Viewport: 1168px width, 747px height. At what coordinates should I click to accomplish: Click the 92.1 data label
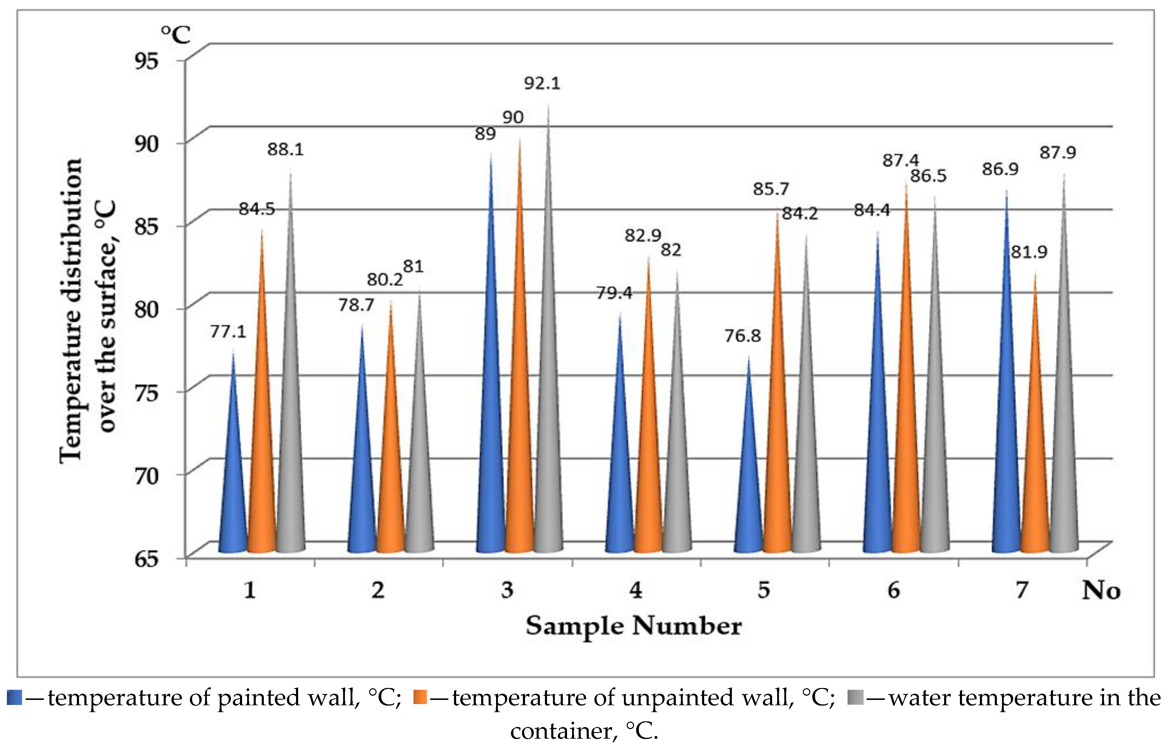pyautogui.click(x=542, y=83)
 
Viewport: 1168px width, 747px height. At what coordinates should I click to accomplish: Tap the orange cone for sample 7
pyautogui.click(x=1035, y=461)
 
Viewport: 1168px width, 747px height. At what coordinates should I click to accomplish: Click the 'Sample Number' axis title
pyautogui.click(x=633, y=626)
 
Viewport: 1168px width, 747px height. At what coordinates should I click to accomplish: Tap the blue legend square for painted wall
pyautogui.click(x=15, y=698)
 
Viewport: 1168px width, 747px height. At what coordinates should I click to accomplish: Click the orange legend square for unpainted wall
pyautogui.click(x=420, y=698)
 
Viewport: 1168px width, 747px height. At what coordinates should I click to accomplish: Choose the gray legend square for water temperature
pyautogui.click(x=855, y=698)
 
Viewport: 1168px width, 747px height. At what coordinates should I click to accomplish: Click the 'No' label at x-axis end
pyautogui.click(x=1101, y=590)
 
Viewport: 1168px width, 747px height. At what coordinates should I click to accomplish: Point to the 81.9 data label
pyautogui.click(x=1029, y=252)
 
